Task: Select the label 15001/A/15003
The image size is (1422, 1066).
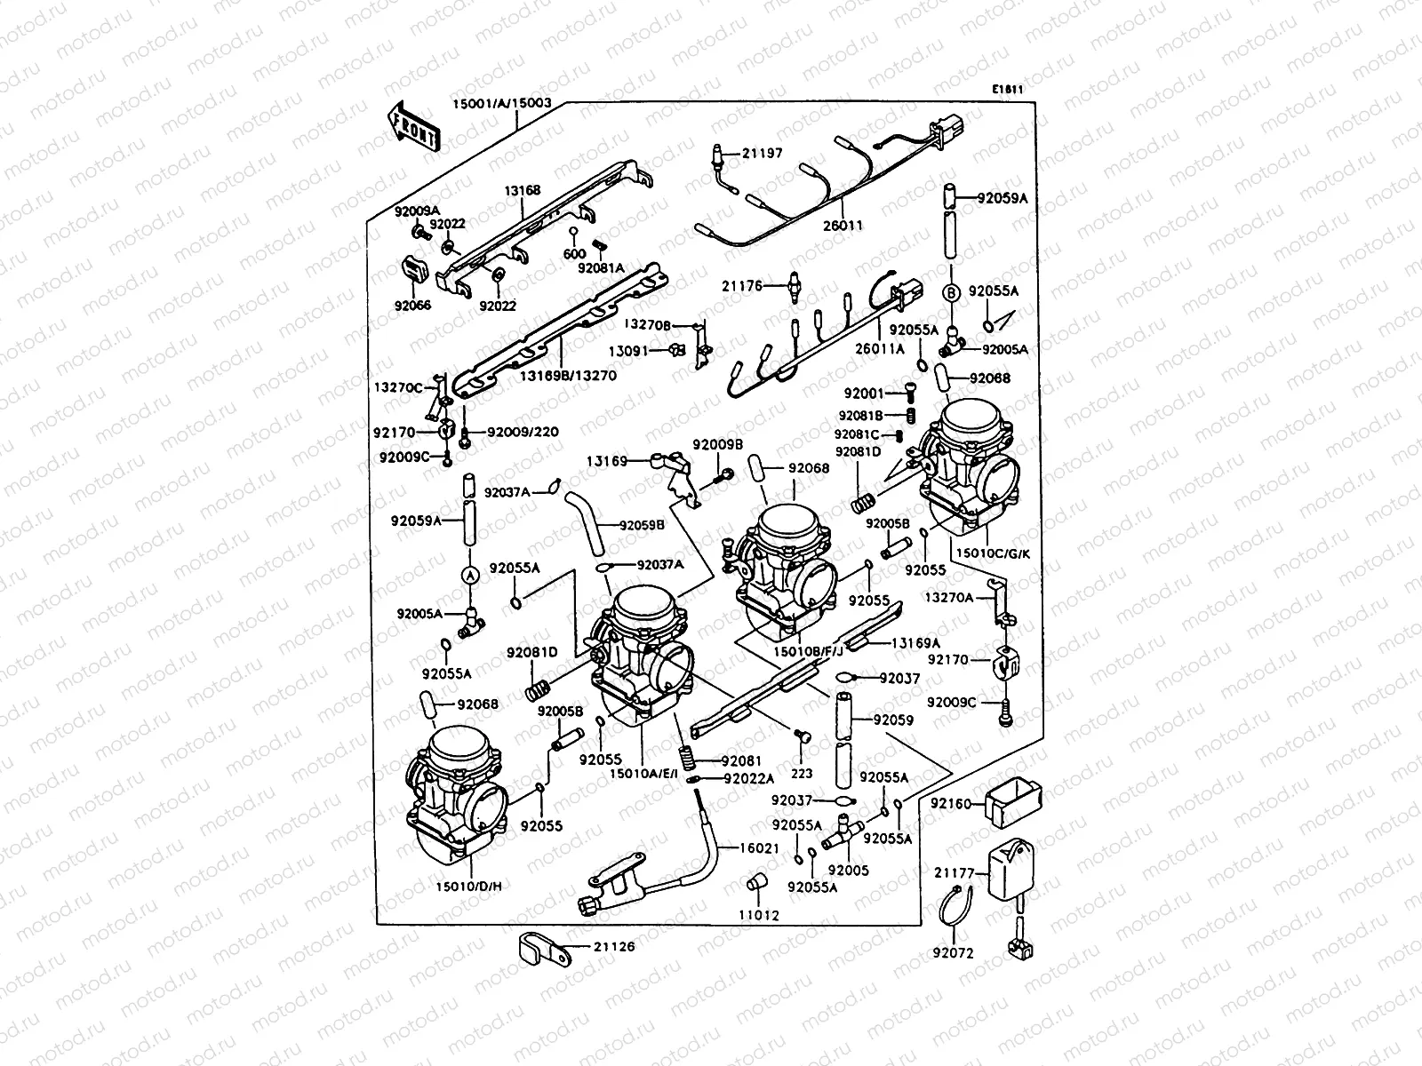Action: pos(502,104)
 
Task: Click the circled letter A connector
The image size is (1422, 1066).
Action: pos(470,576)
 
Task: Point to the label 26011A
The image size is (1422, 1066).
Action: pos(881,349)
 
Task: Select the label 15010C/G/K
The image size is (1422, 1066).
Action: pos(993,553)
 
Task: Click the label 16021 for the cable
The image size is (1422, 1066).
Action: pos(759,848)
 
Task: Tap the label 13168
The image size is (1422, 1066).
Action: pos(523,190)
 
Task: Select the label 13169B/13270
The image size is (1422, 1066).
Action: pos(568,376)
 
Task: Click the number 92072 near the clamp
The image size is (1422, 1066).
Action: pos(953,953)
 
